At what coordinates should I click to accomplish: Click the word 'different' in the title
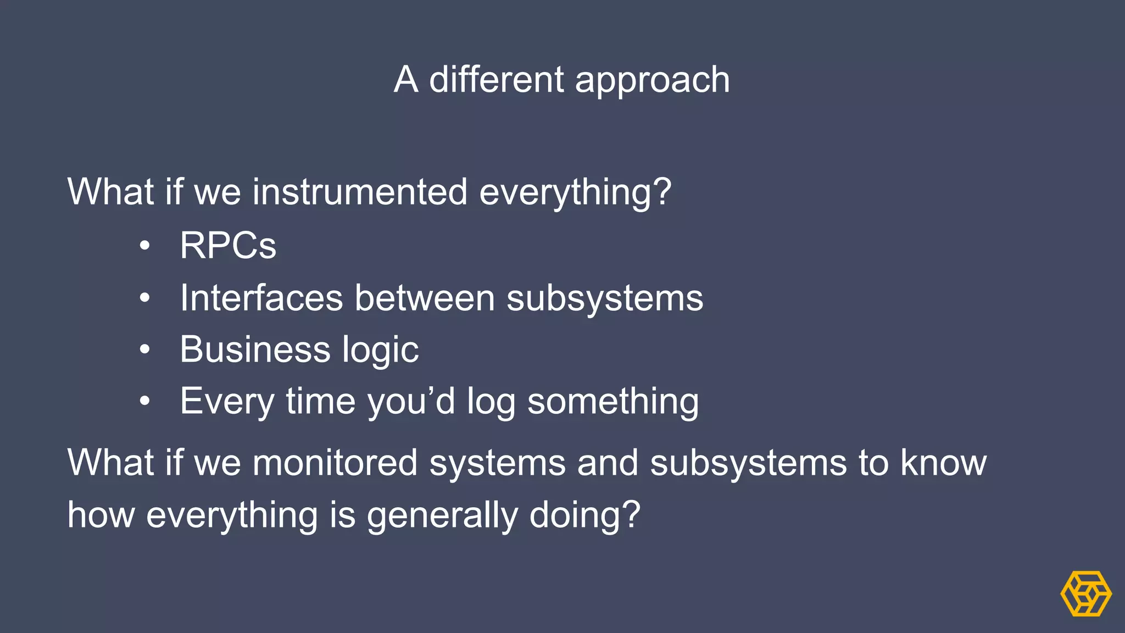pyautogui.click(x=495, y=80)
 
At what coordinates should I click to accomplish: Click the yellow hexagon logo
pyautogui.click(x=1085, y=593)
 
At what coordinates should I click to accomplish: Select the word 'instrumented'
pyautogui.click(x=360, y=192)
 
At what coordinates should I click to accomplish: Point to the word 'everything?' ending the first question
pyautogui.click(x=575, y=193)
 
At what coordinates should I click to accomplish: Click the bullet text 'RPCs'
pyautogui.click(x=228, y=245)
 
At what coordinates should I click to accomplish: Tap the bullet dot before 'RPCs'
pyautogui.click(x=144, y=246)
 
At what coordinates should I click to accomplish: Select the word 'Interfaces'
pyautogui.click(x=261, y=298)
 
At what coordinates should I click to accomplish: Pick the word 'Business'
pyautogui.click(x=255, y=349)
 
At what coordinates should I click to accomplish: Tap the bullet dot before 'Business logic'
pyautogui.click(x=144, y=349)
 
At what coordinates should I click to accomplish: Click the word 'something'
pyautogui.click(x=612, y=402)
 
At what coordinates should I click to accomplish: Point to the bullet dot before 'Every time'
pyautogui.click(x=144, y=401)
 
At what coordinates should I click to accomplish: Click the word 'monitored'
pyautogui.click(x=335, y=463)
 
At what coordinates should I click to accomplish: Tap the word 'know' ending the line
pyautogui.click(x=943, y=463)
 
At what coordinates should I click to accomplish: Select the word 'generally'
pyautogui.click(x=442, y=516)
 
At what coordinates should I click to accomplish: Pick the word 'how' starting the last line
pyautogui.click(x=101, y=515)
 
